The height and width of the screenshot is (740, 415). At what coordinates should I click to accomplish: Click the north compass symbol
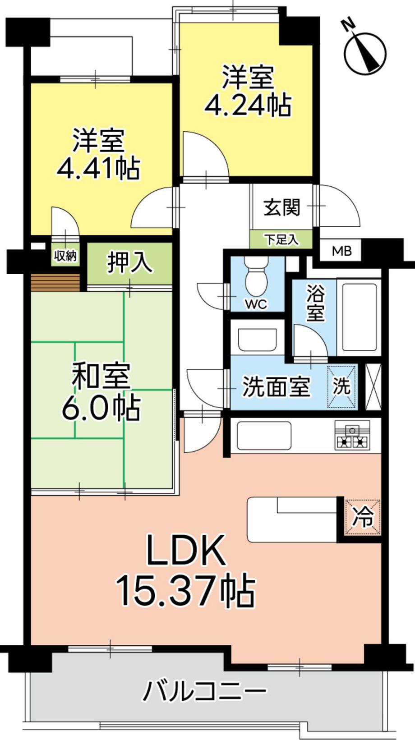(364, 53)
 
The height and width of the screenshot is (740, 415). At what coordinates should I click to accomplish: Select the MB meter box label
(341, 252)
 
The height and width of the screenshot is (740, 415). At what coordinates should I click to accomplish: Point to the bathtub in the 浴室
(359, 317)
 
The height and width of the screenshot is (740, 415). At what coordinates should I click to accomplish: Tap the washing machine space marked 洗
(342, 386)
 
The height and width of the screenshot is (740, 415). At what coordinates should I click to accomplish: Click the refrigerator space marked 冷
(363, 517)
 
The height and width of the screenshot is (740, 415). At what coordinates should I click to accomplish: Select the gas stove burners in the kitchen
(352, 436)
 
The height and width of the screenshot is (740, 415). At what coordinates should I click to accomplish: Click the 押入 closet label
(129, 263)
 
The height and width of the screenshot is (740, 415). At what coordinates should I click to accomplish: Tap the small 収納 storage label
(65, 255)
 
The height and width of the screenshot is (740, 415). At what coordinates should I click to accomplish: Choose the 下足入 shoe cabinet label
(282, 239)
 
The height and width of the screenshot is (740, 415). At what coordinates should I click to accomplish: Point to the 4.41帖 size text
(98, 169)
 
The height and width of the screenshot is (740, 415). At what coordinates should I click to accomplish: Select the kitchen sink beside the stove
(264, 435)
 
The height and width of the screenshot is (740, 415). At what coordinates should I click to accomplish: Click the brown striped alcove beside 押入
(55, 283)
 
